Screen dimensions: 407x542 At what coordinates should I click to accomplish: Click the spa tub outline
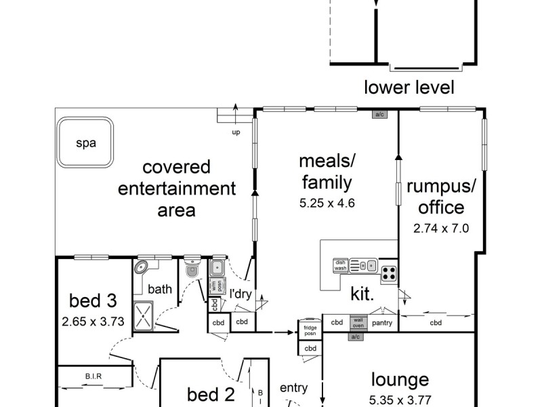[85, 142]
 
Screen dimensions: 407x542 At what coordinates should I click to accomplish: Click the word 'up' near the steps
[236, 132]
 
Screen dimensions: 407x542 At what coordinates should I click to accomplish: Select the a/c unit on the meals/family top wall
[379, 115]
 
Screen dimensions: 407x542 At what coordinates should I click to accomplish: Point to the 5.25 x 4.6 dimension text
[326, 202]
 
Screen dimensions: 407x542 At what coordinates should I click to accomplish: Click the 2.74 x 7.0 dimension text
[440, 229]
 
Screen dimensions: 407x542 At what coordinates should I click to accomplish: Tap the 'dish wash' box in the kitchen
[340, 265]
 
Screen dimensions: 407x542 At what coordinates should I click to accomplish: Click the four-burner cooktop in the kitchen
[388, 274]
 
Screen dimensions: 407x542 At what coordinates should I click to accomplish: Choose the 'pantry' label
[383, 323]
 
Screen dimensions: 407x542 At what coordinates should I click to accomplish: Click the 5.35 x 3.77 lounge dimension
[400, 400]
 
